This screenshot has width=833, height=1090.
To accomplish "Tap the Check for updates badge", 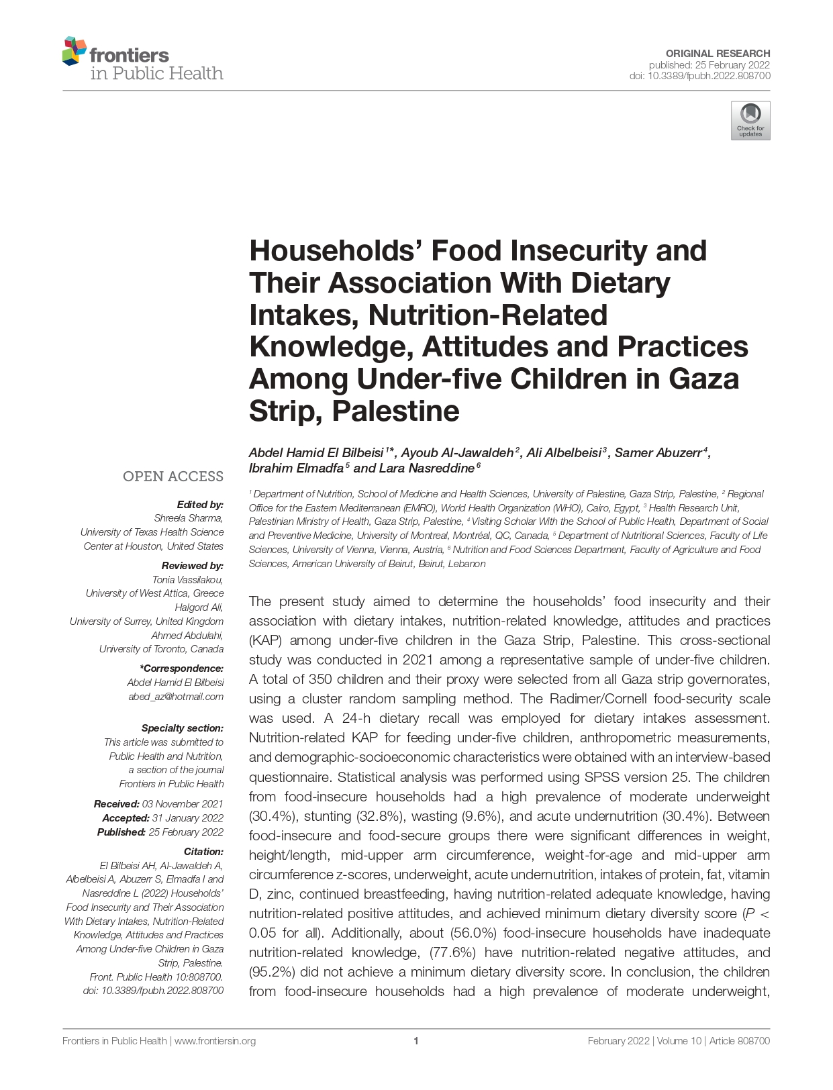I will (750, 121).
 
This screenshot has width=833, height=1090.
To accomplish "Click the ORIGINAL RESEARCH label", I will (718, 54).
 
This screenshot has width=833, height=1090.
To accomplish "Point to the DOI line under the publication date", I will (699, 76).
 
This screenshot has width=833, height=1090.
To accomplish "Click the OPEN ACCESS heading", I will (173, 477).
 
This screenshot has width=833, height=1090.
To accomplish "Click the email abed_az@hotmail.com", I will (176, 697).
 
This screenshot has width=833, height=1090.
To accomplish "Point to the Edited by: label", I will (200, 504).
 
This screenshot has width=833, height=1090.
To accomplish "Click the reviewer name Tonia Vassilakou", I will (188, 579).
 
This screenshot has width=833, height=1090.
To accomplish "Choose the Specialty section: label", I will (182, 728).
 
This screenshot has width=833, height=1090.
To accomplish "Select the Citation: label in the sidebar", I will (203, 852).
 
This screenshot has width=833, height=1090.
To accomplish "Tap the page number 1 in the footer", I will (416, 1041).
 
